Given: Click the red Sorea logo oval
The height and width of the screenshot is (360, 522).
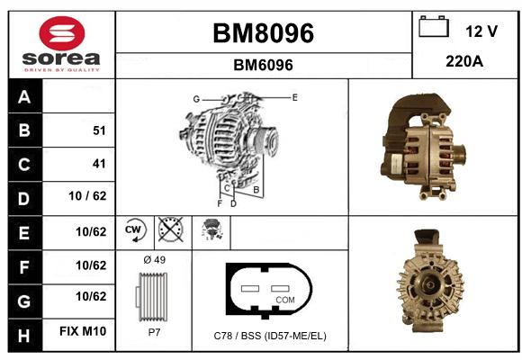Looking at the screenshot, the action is pyautogui.click(x=62, y=33).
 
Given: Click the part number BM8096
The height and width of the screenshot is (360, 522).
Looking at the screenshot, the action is pyautogui.click(x=263, y=33).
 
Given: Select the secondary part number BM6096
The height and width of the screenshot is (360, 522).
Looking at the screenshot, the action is pyautogui.click(x=263, y=65).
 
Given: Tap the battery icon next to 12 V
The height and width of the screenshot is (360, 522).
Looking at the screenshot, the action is pyautogui.click(x=434, y=27).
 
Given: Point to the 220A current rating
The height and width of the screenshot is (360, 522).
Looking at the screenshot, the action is pyautogui.click(x=464, y=61).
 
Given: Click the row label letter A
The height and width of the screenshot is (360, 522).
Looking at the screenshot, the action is pyautogui.click(x=24, y=97).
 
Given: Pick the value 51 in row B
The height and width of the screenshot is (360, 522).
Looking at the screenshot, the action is pyautogui.click(x=99, y=130).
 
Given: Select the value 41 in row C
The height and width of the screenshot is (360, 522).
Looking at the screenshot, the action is pyautogui.click(x=99, y=164).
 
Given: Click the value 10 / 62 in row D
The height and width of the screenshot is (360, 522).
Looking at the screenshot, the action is pyautogui.click(x=87, y=196).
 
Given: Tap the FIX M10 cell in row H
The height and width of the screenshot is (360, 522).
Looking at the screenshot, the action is pyautogui.click(x=83, y=331).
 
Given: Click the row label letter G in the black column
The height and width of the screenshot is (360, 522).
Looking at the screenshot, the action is pyautogui.click(x=24, y=301).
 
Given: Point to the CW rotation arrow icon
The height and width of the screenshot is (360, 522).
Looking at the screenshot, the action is pyautogui.click(x=135, y=229).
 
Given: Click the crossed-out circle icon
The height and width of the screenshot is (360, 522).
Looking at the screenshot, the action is pyautogui.click(x=171, y=229).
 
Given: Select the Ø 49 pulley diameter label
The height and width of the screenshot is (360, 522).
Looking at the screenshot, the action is pyautogui.click(x=155, y=260).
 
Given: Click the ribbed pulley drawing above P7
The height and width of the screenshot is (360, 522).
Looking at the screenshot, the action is pyautogui.click(x=152, y=297).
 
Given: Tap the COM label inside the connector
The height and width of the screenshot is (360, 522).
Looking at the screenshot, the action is pyautogui.click(x=285, y=300).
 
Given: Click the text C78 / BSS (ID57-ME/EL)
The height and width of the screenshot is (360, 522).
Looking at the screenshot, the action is pyautogui.click(x=270, y=336).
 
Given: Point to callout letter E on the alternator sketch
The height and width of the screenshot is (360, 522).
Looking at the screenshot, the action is pyautogui.click(x=294, y=97).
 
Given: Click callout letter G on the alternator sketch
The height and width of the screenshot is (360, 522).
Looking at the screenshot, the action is pyautogui.click(x=196, y=99).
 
